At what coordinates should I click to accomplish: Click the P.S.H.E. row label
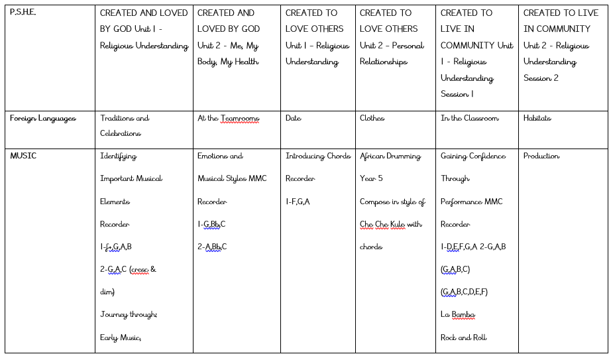point(23,13)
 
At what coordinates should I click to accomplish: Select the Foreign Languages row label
point(42,119)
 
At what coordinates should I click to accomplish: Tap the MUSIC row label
point(23,156)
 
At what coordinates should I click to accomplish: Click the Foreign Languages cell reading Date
point(293,119)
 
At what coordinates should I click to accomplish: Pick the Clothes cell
point(372,119)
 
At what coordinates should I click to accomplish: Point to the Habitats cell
point(537,119)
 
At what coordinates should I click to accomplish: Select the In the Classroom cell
point(469,119)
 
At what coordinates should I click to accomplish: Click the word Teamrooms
point(239,119)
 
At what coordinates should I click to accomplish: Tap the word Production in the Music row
point(541,156)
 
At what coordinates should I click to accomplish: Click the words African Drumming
point(390,156)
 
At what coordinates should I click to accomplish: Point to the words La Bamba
point(458,314)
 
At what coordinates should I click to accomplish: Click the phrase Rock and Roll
point(463,337)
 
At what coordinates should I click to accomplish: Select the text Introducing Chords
point(318,156)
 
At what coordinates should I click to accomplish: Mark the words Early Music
point(121,337)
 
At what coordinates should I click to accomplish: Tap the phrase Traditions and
point(125,119)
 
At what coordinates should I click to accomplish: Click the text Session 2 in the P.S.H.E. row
point(541,78)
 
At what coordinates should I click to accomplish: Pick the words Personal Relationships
point(392,54)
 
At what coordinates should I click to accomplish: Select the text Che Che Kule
point(382,224)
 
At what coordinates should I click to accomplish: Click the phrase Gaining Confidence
point(472,156)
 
